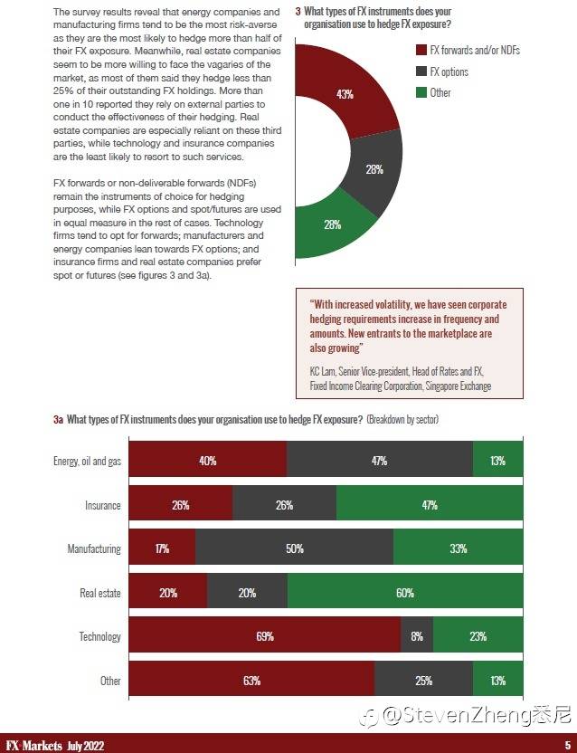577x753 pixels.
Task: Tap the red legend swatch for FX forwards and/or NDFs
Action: click(421, 51)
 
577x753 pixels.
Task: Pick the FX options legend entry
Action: click(449, 71)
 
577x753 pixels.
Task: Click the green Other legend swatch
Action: click(421, 92)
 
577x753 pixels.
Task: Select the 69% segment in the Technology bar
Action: click(264, 636)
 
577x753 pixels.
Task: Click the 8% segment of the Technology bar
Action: click(417, 636)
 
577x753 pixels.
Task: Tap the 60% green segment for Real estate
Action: click(404, 593)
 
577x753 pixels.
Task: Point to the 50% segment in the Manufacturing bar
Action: click(294, 549)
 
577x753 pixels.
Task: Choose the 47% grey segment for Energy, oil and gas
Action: click(379, 462)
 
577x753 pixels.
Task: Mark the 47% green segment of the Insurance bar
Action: click(429, 505)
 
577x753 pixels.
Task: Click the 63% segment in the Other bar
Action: click(251, 681)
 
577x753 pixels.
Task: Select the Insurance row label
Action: click(102, 506)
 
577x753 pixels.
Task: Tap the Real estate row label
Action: click(100, 594)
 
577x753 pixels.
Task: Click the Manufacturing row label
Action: click(94, 549)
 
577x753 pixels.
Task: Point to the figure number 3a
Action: click(58, 420)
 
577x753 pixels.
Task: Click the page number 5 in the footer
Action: click(566, 745)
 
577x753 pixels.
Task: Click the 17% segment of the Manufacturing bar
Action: click(162, 549)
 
